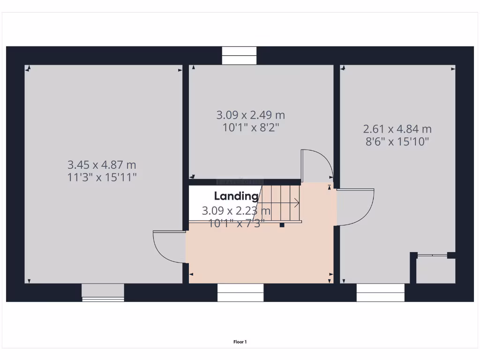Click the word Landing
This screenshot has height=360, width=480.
click(x=236, y=196)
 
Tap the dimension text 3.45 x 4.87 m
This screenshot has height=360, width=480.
click(x=102, y=165)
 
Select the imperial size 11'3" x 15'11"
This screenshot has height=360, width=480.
click(x=102, y=177)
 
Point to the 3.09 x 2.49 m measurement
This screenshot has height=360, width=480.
click(x=250, y=115)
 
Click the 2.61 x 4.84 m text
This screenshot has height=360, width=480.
click(x=397, y=129)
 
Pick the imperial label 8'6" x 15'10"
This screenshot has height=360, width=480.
click(x=397, y=142)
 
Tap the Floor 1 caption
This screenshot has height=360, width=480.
click(x=240, y=342)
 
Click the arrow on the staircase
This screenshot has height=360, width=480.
click(x=296, y=203)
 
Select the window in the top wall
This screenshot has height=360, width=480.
click(x=239, y=56)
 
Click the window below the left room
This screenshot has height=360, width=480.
click(x=103, y=292)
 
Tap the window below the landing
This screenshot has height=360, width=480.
click(x=240, y=292)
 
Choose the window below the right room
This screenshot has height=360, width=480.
click(x=381, y=292)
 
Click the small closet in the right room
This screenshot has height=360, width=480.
click(x=435, y=270)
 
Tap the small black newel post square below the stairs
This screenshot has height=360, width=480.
click(x=282, y=225)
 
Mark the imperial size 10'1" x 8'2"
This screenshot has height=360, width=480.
click(x=250, y=127)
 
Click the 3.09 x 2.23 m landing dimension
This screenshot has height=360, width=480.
click(x=236, y=211)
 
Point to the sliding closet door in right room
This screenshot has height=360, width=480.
click(x=432, y=255)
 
